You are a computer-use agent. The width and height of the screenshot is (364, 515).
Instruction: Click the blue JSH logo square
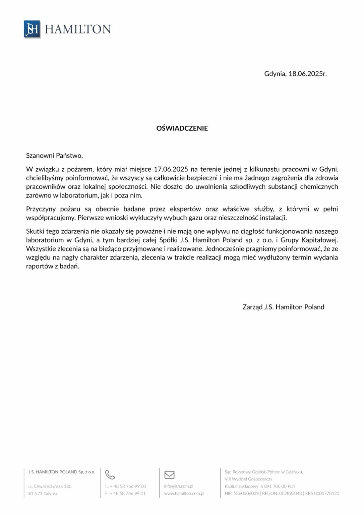click(32, 29)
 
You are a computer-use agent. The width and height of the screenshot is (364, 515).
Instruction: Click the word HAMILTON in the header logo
click(78, 29)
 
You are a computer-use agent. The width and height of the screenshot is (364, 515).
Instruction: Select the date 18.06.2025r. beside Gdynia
click(307, 74)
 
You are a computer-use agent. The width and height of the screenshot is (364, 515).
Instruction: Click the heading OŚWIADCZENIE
click(182, 128)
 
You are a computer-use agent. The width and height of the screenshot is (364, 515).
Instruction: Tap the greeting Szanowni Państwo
click(54, 156)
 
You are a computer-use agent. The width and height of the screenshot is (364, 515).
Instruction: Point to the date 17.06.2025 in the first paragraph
click(171, 169)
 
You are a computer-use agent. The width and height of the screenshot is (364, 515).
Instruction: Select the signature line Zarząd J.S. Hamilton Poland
click(283, 307)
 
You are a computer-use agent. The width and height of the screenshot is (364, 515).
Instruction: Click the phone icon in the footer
click(110, 474)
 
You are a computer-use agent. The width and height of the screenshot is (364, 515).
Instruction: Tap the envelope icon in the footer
click(169, 475)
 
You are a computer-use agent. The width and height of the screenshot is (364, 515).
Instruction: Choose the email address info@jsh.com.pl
click(178, 486)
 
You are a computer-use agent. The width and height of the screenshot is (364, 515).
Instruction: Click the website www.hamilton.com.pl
click(184, 494)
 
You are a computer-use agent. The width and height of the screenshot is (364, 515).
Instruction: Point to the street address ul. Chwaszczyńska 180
click(50, 486)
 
